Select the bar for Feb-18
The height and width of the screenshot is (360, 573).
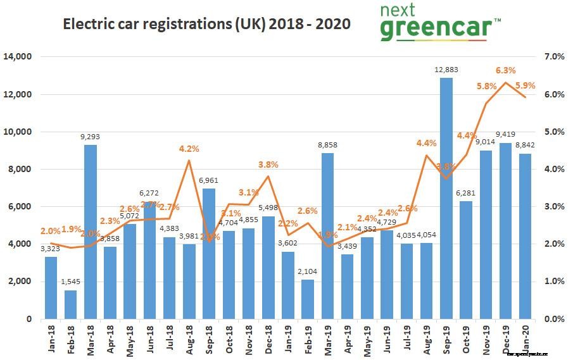point(71,304)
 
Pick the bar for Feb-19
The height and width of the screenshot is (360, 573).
point(308,299)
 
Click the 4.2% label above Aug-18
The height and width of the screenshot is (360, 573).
point(189,149)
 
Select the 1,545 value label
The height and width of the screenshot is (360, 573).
point(71,282)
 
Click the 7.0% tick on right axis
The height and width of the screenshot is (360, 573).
point(555,57)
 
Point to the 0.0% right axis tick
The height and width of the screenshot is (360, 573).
point(555,319)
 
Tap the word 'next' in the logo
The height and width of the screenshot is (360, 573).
point(398,9)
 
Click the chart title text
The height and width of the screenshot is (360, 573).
point(206,24)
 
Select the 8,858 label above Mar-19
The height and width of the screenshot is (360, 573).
point(327,145)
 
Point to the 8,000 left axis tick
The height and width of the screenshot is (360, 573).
point(20,170)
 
